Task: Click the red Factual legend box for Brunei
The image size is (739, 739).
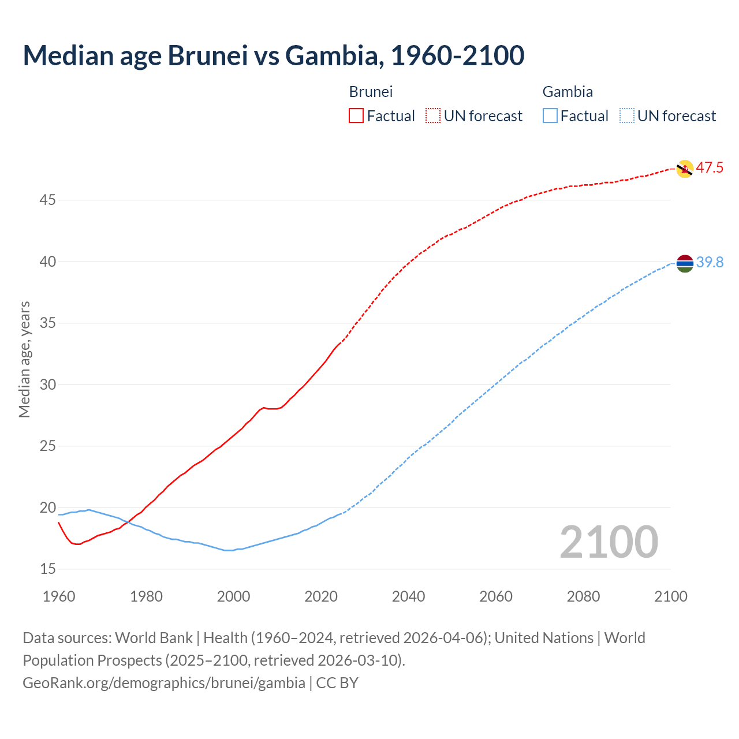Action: (356, 116)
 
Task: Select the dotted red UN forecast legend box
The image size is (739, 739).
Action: (433, 116)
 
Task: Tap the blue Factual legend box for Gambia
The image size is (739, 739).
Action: (550, 116)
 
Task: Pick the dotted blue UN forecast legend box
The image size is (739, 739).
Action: (627, 116)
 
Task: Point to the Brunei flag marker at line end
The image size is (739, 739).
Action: (684, 169)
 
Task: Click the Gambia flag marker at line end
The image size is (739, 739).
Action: (684, 263)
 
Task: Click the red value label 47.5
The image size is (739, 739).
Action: (710, 168)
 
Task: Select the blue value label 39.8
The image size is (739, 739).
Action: (710, 263)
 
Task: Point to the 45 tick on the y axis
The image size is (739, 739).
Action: (48, 200)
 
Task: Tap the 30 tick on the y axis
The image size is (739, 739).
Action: (48, 385)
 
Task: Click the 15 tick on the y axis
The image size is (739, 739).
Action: (48, 569)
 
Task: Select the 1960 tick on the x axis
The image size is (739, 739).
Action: (59, 596)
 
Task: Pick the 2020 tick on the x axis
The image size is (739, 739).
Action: (321, 596)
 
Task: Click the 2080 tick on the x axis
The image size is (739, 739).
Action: (583, 596)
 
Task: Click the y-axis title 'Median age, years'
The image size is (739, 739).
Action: (24, 359)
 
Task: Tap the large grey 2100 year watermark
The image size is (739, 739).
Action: (609, 542)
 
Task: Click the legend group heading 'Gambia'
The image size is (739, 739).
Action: (568, 92)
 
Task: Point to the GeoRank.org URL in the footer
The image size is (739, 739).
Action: (164, 683)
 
